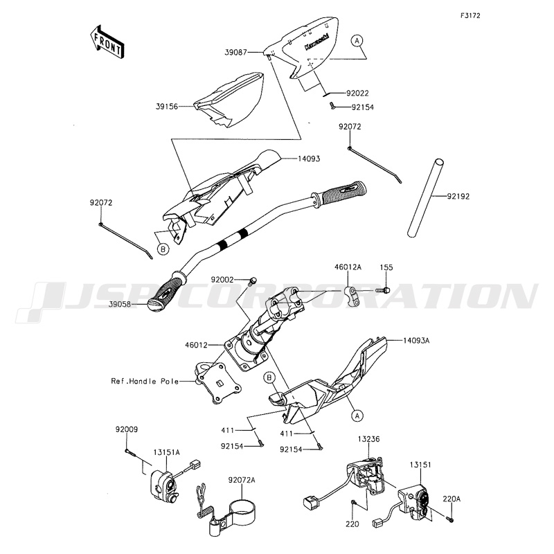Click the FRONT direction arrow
[x=107, y=41]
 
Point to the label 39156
[x=167, y=107]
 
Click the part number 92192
[x=458, y=197]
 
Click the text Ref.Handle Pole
[x=145, y=381]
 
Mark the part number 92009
[x=127, y=429]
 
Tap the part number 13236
[x=369, y=439]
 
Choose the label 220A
[x=452, y=497]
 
